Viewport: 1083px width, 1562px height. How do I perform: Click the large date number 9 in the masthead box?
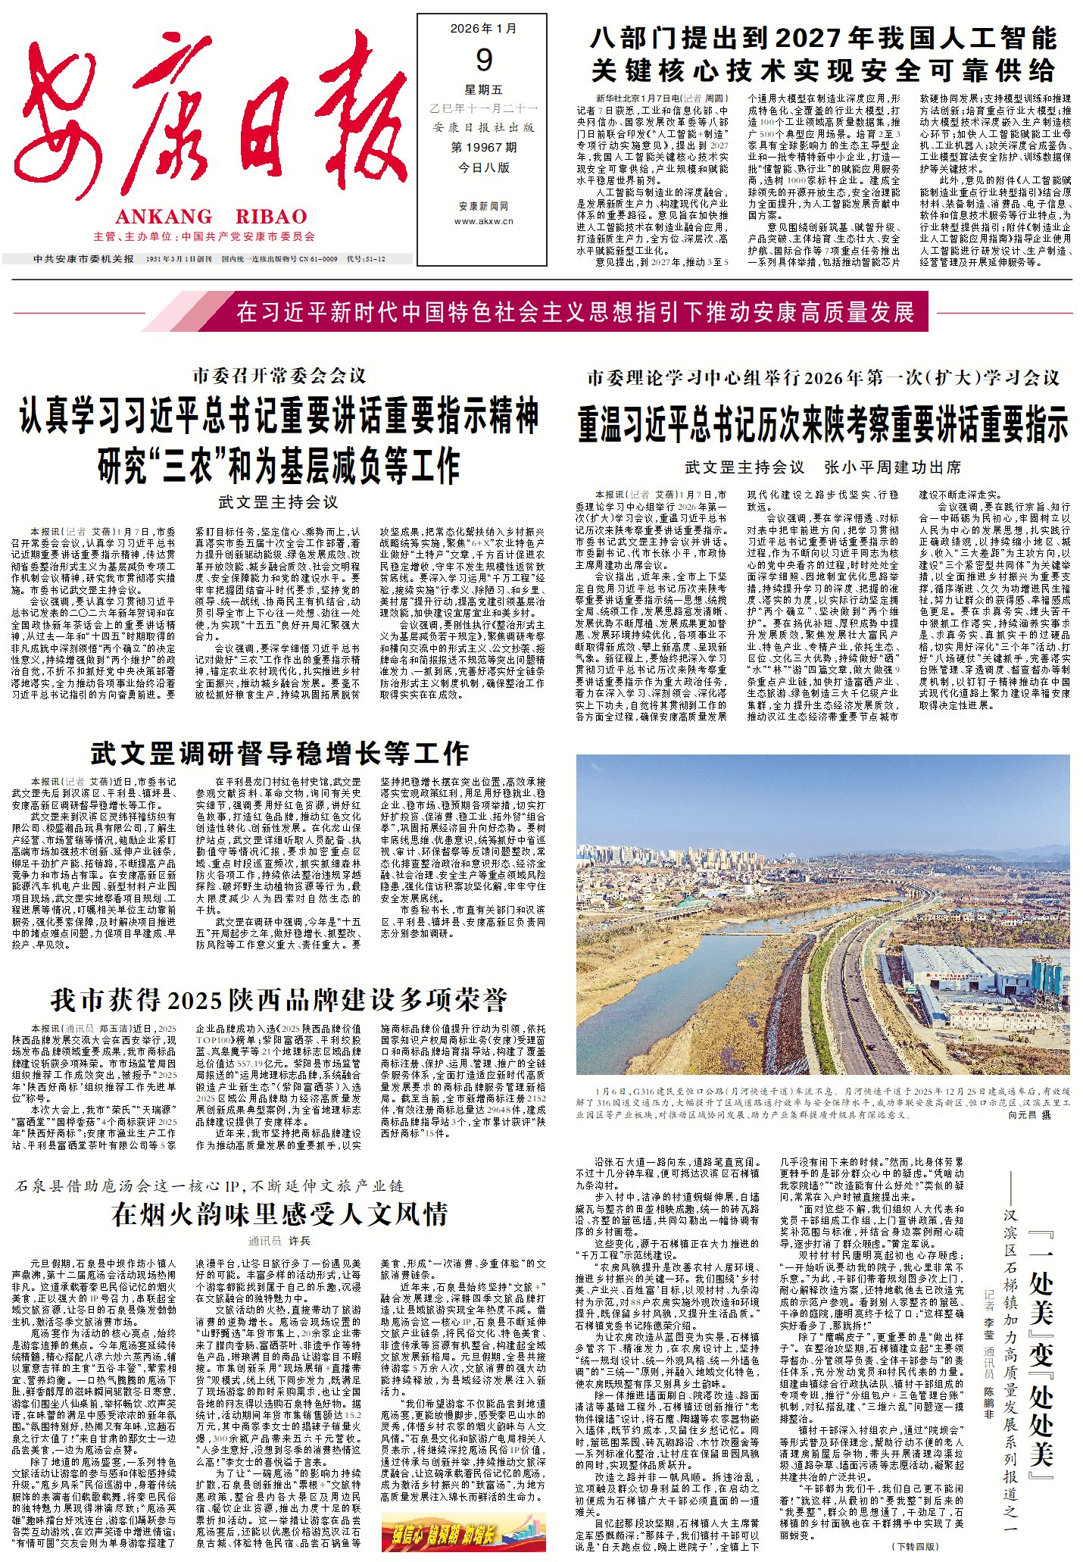pos(483,60)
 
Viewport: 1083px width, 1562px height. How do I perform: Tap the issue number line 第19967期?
pos(483,147)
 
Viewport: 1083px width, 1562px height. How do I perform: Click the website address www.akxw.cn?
pos(483,221)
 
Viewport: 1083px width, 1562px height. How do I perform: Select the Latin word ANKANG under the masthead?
pos(164,217)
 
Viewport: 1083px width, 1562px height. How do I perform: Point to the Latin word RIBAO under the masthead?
pos(271,217)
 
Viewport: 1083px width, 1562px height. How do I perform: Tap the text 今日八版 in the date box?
pos(483,167)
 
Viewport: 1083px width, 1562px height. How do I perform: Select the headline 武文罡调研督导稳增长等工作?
pos(279,753)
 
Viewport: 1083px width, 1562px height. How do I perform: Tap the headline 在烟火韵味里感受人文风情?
pos(279,1214)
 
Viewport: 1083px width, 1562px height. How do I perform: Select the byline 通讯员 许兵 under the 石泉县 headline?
pos(279,1241)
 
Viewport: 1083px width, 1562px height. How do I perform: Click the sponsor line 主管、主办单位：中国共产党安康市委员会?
pos(204,237)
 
